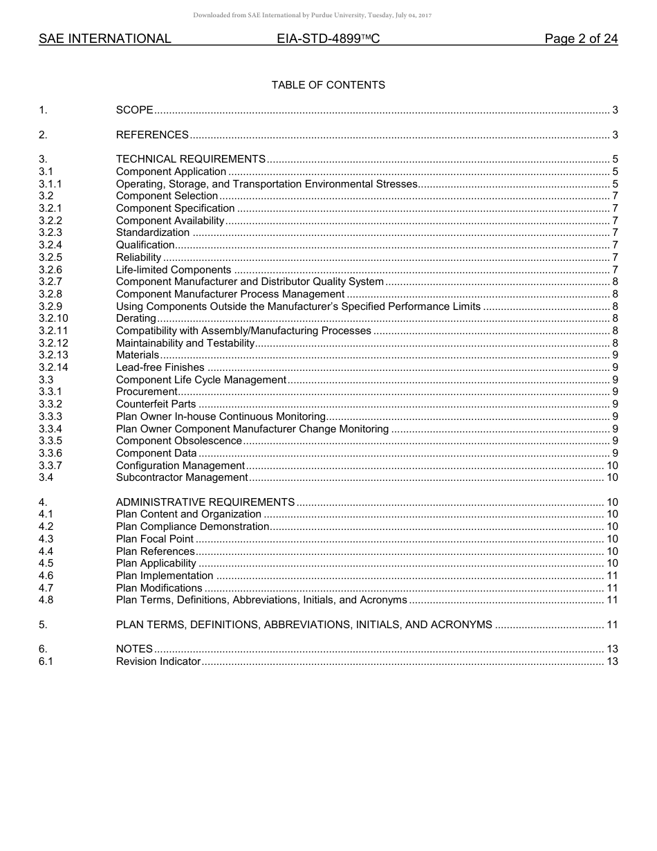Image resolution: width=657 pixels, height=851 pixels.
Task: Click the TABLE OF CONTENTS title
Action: point(328,85)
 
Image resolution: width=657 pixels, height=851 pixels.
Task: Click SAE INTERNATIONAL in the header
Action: point(105,39)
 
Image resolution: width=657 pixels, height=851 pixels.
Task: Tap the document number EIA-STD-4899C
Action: point(328,39)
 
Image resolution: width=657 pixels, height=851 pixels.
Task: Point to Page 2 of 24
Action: point(581,39)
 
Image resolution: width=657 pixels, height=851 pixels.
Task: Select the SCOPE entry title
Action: point(135,110)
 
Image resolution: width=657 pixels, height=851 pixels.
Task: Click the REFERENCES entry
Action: point(152,135)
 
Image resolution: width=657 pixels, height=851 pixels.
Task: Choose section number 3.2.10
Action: point(53,318)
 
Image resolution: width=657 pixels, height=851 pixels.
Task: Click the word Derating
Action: point(136,318)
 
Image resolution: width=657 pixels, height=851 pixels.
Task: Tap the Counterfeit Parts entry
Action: point(156,404)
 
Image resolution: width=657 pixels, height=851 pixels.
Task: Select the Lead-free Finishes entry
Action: point(160,367)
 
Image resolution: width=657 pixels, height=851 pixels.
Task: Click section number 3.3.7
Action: point(50,466)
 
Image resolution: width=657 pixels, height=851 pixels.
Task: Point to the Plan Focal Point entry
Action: point(155,539)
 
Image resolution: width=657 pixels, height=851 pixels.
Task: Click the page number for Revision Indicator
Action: point(611,661)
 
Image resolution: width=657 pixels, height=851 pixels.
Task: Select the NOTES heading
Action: point(134,649)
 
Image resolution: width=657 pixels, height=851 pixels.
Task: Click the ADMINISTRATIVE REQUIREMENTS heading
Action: point(205,502)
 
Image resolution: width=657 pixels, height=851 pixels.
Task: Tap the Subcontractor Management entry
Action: point(182,477)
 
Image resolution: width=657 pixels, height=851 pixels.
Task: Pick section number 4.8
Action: point(46,600)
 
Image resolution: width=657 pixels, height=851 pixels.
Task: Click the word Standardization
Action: point(153,232)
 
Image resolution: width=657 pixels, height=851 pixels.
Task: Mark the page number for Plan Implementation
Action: point(611,576)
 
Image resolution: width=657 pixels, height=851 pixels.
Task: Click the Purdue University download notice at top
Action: point(313,15)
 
